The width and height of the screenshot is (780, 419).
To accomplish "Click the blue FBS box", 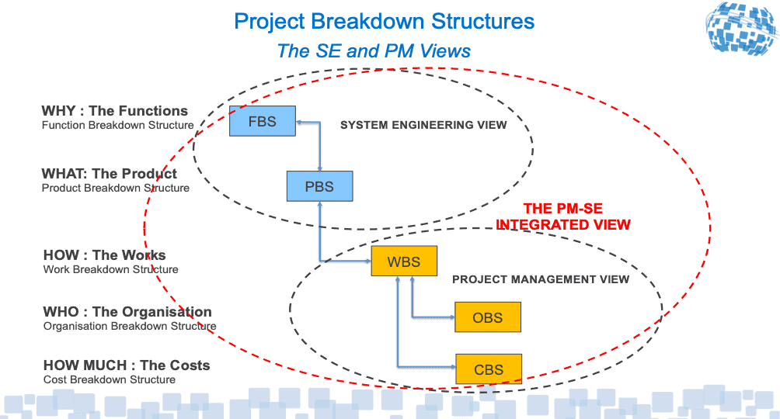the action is [x=262, y=121].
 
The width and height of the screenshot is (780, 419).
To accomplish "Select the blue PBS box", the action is [x=319, y=186].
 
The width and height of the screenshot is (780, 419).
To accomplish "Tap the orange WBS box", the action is [x=404, y=261].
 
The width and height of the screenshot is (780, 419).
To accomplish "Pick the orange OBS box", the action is [x=488, y=317].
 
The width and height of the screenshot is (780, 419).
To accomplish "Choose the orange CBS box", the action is [x=489, y=369].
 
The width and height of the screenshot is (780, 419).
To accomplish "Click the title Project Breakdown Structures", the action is [x=384, y=22].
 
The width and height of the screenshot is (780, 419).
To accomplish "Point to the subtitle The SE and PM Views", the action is [x=374, y=50].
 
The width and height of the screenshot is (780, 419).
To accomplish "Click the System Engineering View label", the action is [x=423, y=125].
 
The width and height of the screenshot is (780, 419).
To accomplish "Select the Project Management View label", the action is [x=541, y=279].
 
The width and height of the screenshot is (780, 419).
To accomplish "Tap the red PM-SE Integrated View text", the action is [x=563, y=216].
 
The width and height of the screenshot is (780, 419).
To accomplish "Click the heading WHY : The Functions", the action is [x=115, y=110].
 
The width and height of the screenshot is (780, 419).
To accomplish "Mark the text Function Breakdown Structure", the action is [x=118, y=125].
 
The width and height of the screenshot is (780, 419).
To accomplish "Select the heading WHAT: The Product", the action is [x=109, y=174].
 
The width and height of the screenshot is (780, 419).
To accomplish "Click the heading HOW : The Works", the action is [x=104, y=255].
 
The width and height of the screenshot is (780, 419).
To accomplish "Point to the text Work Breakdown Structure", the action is [x=110, y=269].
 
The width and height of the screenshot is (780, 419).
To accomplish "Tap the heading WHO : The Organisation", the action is [x=127, y=312].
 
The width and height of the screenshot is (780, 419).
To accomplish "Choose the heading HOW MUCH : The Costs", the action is [x=127, y=365].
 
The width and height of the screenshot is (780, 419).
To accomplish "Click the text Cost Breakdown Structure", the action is [x=110, y=379].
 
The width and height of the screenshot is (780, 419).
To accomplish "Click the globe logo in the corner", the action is [x=741, y=28].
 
